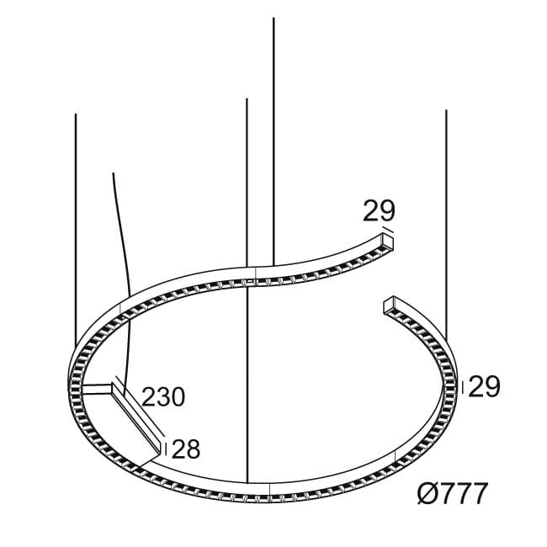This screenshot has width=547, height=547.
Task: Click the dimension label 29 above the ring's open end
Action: pyautogui.click(x=379, y=210)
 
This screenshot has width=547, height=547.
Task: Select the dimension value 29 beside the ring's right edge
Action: pyautogui.click(x=484, y=386)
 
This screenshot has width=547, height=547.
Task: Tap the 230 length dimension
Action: pyautogui.click(x=163, y=396)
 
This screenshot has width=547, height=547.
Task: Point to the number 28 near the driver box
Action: pyautogui.click(x=186, y=449)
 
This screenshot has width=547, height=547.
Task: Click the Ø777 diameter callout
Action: pyautogui.click(x=452, y=493)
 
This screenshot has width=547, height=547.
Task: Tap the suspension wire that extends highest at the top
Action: pyautogui.click(x=273, y=126)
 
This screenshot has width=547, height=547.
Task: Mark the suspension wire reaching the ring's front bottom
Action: pyautogui.click(x=247, y=379)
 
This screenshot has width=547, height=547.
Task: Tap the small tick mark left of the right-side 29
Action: pyautogui.click(x=462, y=386)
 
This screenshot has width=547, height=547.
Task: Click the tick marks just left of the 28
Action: pyautogui.click(x=167, y=449)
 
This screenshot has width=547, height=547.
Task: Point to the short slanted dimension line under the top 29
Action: pyautogui.click(x=387, y=229)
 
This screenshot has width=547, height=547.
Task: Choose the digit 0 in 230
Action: pyautogui.click(x=177, y=396)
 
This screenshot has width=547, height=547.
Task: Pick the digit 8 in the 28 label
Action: pyautogui.click(x=193, y=449)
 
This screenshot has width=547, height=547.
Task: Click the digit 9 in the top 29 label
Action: pyautogui.click(x=386, y=210)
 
